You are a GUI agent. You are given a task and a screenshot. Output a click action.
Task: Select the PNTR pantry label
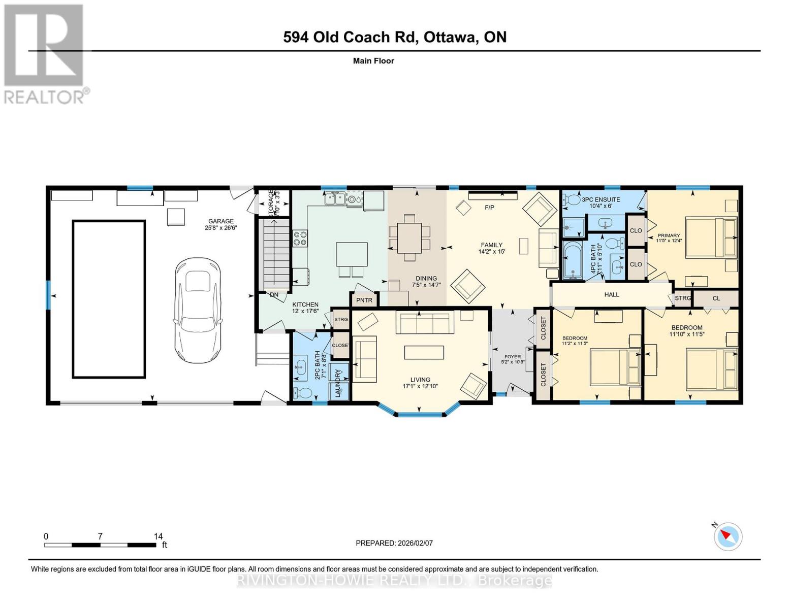tap(364, 300)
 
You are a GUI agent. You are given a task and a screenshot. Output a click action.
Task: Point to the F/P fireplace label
tap(489, 208)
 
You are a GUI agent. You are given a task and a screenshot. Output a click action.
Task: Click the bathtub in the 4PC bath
tap(574, 260)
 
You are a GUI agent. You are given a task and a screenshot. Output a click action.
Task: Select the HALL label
tap(612, 294)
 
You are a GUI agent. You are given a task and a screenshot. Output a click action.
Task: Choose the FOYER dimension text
tap(512, 362)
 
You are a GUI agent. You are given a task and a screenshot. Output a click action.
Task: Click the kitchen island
tap(352, 254)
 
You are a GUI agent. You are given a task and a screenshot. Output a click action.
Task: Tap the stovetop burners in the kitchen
tap(300, 239)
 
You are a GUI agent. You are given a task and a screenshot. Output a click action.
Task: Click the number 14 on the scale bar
tap(158, 536)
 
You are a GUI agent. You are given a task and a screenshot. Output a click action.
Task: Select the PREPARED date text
tap(394, 543)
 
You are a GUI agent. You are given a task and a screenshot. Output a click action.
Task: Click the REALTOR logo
tap(45, 53)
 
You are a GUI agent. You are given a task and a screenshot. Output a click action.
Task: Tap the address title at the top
tap(395, 37)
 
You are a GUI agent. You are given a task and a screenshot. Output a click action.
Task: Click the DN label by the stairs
tap(274, 295)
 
